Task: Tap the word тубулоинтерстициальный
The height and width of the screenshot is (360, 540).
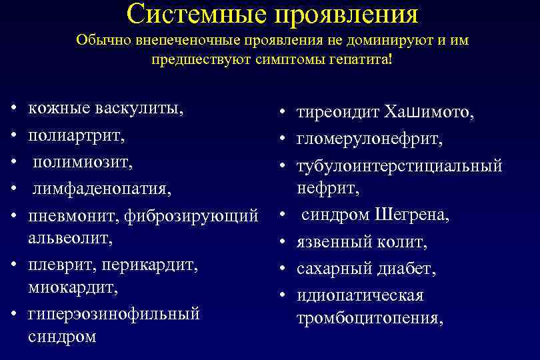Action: coord(399,165)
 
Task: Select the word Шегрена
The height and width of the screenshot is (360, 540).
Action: coord(413,215)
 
